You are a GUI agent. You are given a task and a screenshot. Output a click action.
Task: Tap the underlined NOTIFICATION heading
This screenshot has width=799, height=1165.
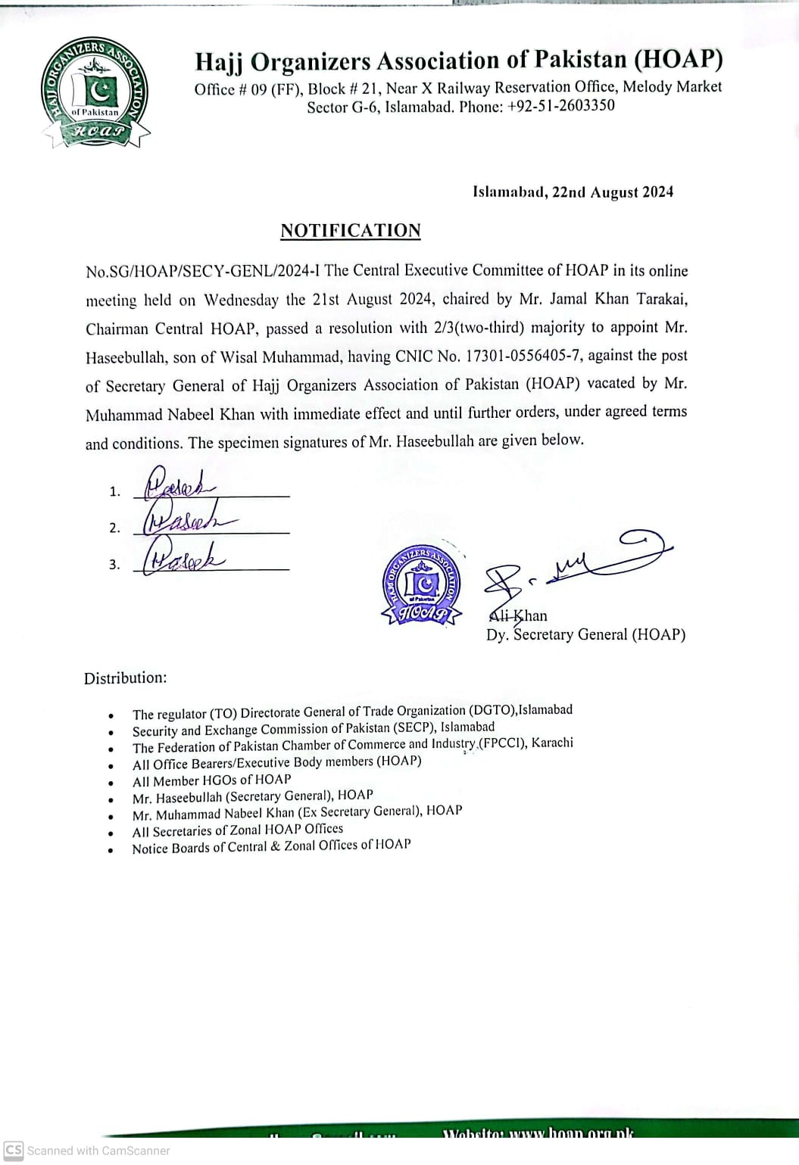[x=351, y=231]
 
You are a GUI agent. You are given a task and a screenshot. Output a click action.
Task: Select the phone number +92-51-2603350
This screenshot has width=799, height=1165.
[x=561, y=106]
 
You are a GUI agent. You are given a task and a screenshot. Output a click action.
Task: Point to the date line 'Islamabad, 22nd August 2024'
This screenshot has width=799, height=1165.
[x=573, y=192]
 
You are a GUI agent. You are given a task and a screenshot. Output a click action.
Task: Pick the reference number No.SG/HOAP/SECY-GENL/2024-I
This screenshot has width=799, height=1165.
[x=204, y=271]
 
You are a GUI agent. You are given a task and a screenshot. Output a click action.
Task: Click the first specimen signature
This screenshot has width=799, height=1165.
[x=180, y=484]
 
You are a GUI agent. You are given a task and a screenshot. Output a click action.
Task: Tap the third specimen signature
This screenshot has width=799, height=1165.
[x=182, y=556]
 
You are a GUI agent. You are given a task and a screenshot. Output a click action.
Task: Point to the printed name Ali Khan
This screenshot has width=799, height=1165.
[x=518, y=616]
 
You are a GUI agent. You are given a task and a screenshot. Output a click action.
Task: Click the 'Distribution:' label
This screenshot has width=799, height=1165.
[x=126, y=678]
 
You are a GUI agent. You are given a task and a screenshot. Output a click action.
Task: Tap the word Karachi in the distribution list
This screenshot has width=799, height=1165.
[x=552, y=743]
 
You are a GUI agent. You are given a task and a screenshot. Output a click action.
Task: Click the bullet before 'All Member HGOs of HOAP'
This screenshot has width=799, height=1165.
[x=111, y=783]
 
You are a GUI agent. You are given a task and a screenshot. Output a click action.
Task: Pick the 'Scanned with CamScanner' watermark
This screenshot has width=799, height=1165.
[x=88, y=1151]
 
